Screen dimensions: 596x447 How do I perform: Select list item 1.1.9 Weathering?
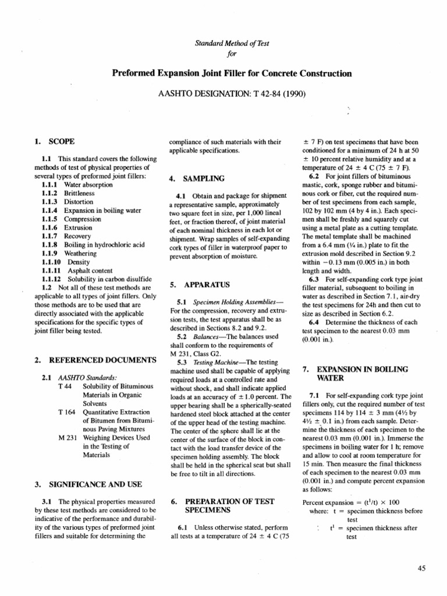click(x=70, y=254)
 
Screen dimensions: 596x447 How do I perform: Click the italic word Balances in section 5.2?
click(x=202, y=336)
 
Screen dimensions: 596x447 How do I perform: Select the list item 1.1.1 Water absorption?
click(x=74, y=185)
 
